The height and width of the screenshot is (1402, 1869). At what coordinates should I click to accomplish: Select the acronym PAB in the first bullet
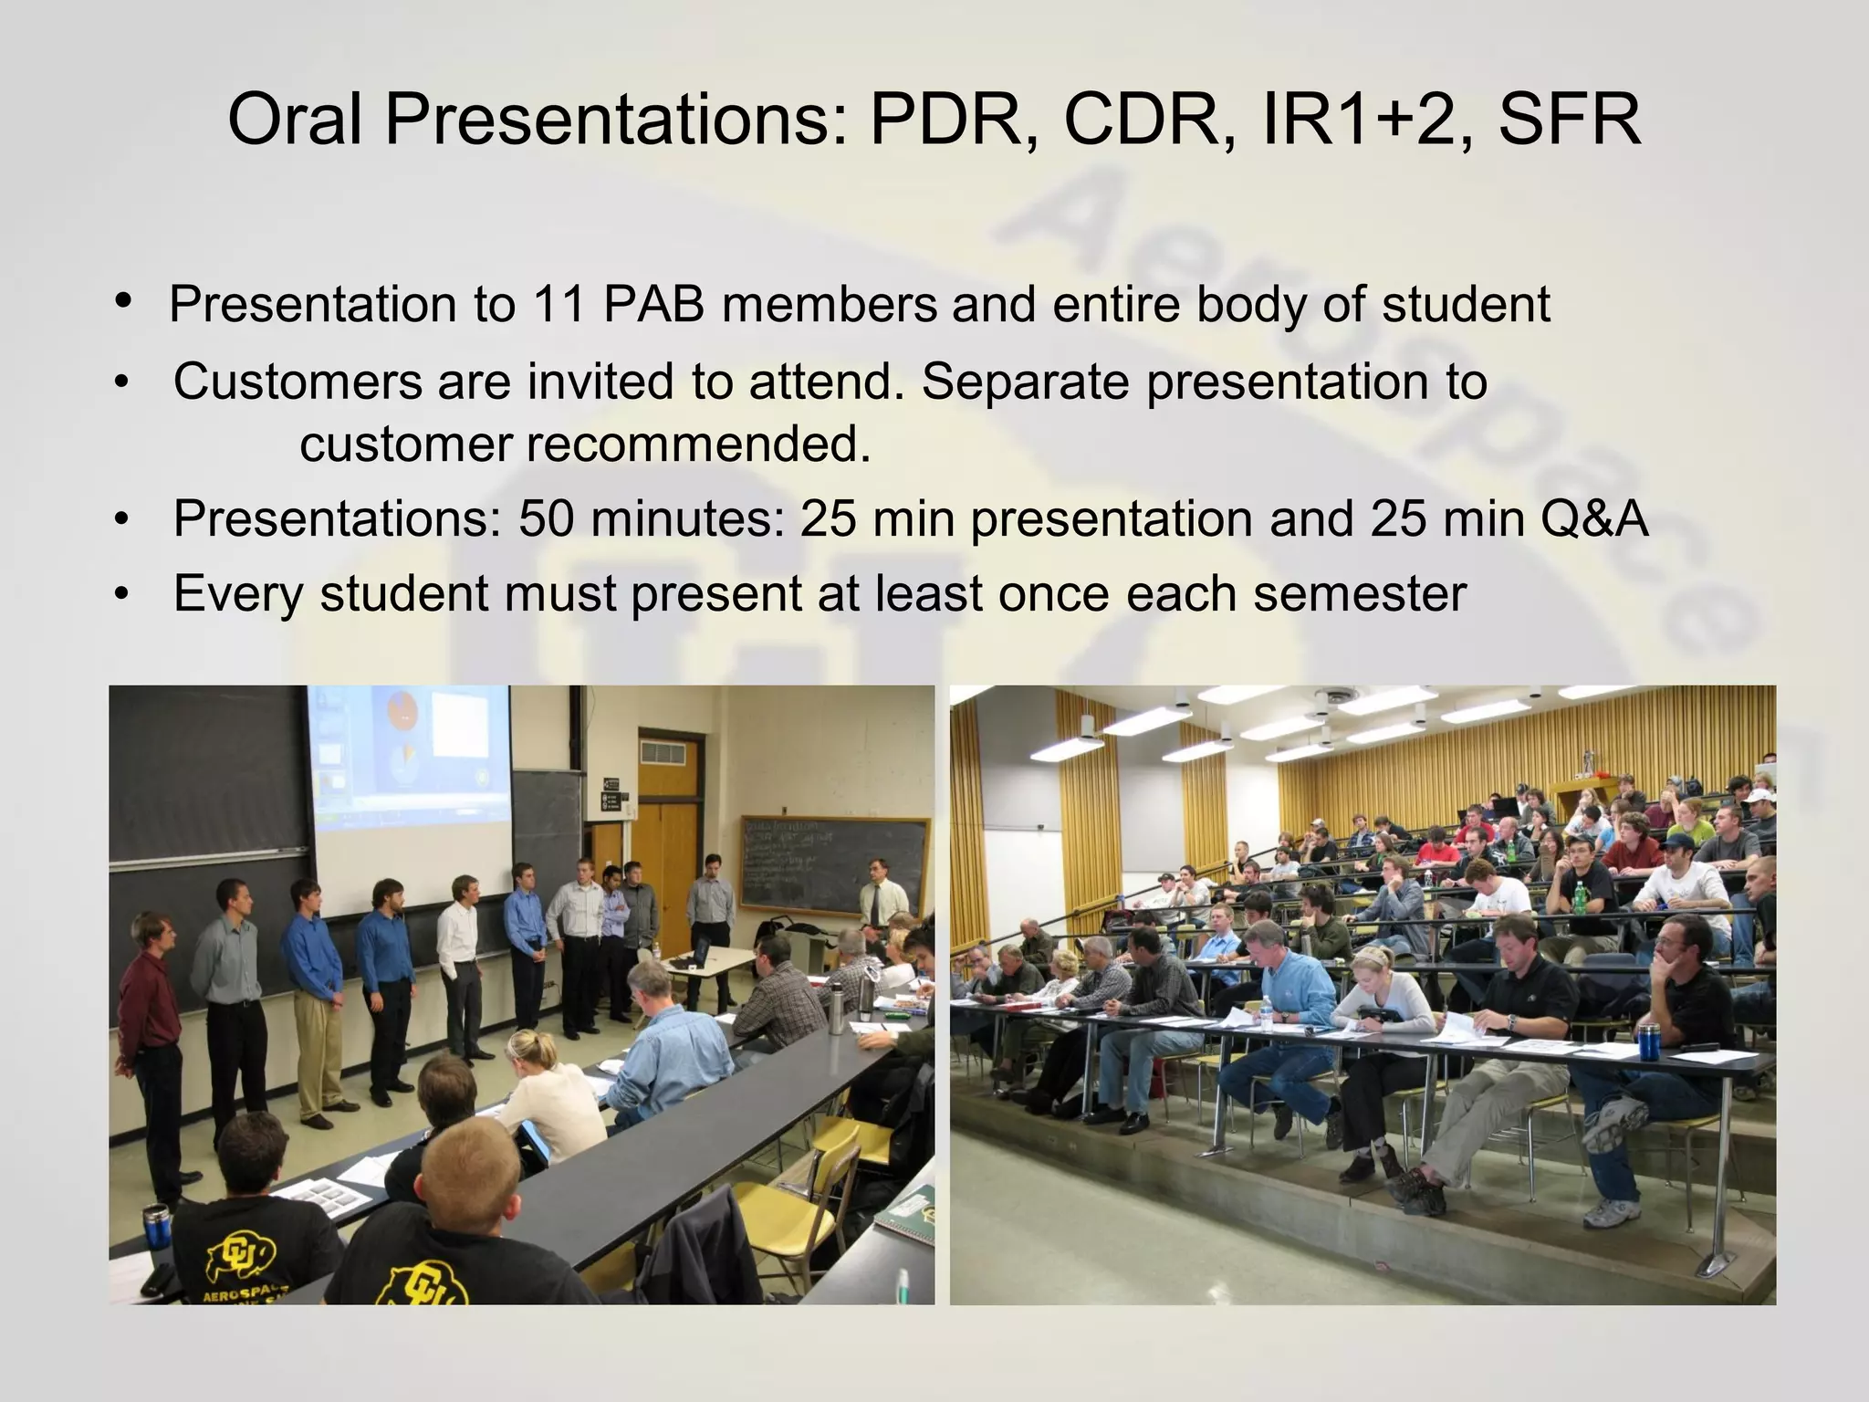point(653,304)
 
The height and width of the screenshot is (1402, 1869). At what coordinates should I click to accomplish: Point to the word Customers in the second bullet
point(298,382)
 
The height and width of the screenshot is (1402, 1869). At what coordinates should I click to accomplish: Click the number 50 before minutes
point(547,518)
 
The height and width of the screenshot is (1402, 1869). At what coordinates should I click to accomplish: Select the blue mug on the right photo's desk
point(1648,1041)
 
